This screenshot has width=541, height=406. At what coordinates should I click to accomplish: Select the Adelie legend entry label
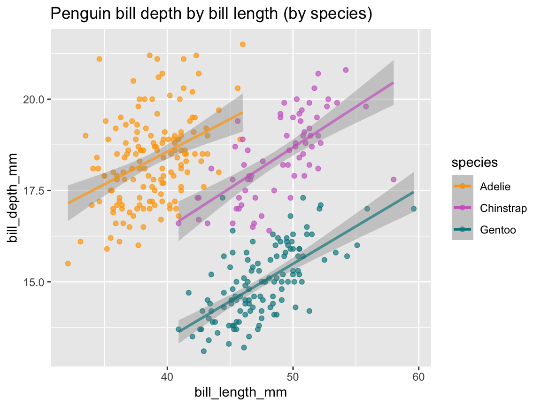(x=495, y=187)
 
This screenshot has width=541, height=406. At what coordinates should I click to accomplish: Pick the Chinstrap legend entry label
(x=503, y=208)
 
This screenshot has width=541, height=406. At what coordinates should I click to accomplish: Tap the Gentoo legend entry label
(x=498, y=230)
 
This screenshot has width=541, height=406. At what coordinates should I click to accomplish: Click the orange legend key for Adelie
(x=463, y=187)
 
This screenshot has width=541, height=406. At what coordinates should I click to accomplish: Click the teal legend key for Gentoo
(x=463, y=230)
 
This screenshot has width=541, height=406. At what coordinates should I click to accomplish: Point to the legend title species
(x=475, y=163)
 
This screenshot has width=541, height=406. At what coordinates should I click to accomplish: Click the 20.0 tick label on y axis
(x=33, y=99)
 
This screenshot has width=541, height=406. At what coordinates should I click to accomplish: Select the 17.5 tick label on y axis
(x=33, y=191)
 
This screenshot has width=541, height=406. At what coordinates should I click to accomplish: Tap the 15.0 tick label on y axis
(x=33, y=282)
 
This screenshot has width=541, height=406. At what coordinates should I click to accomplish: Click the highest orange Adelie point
(x=242, y=44)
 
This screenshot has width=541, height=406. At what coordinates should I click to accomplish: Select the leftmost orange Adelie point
(x=68, y=264)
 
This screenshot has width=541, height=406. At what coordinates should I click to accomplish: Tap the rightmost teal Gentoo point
(x=414, y=209)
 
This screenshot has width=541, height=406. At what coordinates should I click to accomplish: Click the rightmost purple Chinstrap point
(x=394, y=180)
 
